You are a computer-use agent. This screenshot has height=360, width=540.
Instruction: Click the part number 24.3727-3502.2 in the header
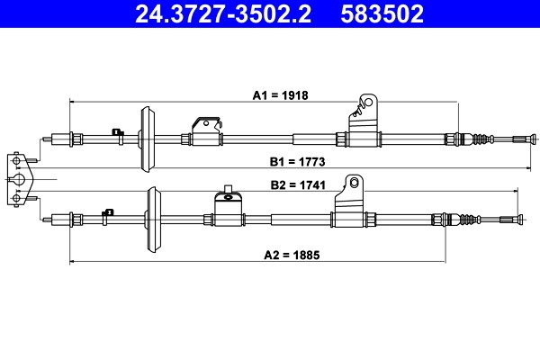[223, 13]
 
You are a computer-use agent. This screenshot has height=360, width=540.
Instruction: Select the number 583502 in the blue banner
[382, 13]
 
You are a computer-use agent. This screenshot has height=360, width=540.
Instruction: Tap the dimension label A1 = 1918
[280, 95]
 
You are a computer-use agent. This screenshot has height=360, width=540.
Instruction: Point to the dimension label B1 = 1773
[297, 162]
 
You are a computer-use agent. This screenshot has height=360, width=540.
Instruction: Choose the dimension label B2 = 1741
[298, 185]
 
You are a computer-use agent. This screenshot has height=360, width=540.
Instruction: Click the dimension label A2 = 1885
[292, 255]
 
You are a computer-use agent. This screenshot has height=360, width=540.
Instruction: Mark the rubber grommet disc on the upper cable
[147, 139]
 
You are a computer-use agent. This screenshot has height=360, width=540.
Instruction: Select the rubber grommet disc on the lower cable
[153, 220]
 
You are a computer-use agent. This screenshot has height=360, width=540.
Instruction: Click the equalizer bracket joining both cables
[20, 179]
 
